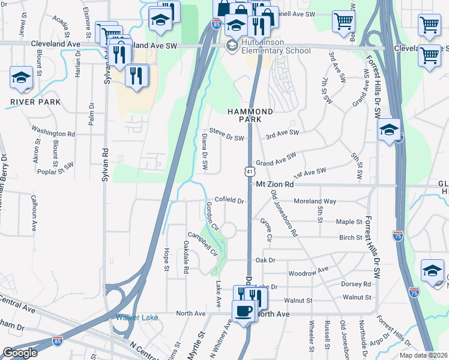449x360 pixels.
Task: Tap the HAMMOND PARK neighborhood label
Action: click(x=250, y=116)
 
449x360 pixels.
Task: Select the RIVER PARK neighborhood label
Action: click(x=35, y=102)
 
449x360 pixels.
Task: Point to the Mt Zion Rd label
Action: click(x=274, y=185)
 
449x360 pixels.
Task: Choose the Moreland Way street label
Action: click(x=315, y=202)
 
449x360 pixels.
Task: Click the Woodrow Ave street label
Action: click(x=309, y=271)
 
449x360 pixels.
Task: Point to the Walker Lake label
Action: click(x=137, y=317)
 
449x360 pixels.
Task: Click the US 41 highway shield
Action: click(x=249, y=171)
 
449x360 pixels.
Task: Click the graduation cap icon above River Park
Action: click(x=22, y=78)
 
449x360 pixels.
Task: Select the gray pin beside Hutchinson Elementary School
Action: click(x=231, y=46)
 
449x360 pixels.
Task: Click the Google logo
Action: click(x=19, y=353)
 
